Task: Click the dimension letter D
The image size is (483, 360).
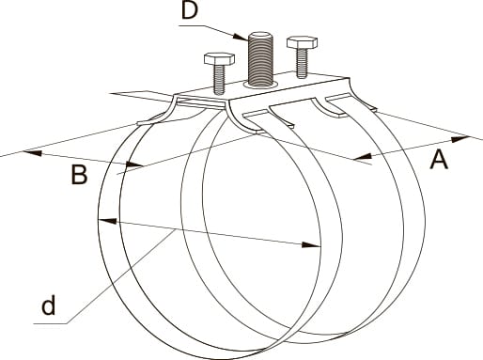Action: (190, 10)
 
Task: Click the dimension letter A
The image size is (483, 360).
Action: (439, 159)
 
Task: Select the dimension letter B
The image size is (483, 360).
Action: (79, 175)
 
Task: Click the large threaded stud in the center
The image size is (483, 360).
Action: (260, 59)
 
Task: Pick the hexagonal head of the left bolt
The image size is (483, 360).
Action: (219, 58)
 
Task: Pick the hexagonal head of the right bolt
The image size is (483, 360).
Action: (302, 42)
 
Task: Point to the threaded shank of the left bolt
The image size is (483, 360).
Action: (219, 79)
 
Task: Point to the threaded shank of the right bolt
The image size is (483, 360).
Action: (302, 63)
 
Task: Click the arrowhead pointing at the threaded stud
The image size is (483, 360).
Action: (240, 36)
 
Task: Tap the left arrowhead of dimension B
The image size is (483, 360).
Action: (32, 153)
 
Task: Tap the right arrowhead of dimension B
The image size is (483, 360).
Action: (134, 164)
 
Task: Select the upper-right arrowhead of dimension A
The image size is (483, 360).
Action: (460, 138)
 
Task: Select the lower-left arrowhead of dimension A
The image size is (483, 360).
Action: (362, 157)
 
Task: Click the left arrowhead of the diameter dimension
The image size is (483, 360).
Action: (107, 221)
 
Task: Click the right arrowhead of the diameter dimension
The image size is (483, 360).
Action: (311, 244)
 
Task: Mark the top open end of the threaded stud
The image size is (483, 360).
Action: (260, 35)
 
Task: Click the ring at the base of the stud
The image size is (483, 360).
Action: (260, 85)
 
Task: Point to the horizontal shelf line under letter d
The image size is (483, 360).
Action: (50, 323)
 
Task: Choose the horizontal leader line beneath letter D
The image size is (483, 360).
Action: (191, 25)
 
